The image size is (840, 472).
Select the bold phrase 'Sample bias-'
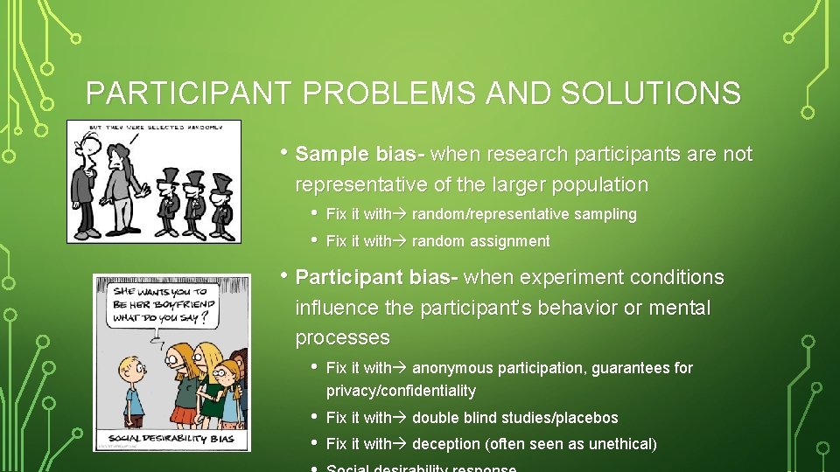point(360,155)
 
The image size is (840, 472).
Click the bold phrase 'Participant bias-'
point(377,277)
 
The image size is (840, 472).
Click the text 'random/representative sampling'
point(524,214)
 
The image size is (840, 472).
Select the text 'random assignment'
point(480,241)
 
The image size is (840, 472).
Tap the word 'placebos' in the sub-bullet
point(586,418)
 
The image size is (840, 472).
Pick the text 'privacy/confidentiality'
point(401,391)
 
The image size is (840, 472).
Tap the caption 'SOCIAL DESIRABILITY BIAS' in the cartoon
point(171,438)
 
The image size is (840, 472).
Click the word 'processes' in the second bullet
point(342,337)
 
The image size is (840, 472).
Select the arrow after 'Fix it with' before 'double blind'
point(401,418)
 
